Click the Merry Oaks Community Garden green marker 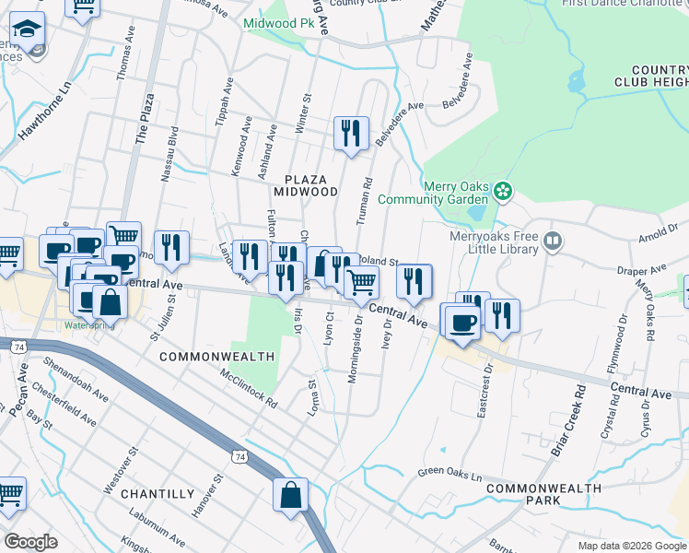pyautogui.click(x=502, y=192)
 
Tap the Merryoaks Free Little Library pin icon pyautogui.click(x=553, y=242)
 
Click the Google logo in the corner pyautogui.click(x=32, y=541)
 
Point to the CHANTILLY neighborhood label pyautogui.click(x=155, y=494)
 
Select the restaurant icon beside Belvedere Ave pyautogui.click(x=351, y=133)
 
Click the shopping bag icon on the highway pyautogui.click(x=291, y=494)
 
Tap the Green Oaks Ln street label pyautogui.click(x=450, y=476)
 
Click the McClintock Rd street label pyautogui.click(x=249, y=389)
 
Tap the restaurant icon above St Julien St pyautogui.click(x=172, y=247)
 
